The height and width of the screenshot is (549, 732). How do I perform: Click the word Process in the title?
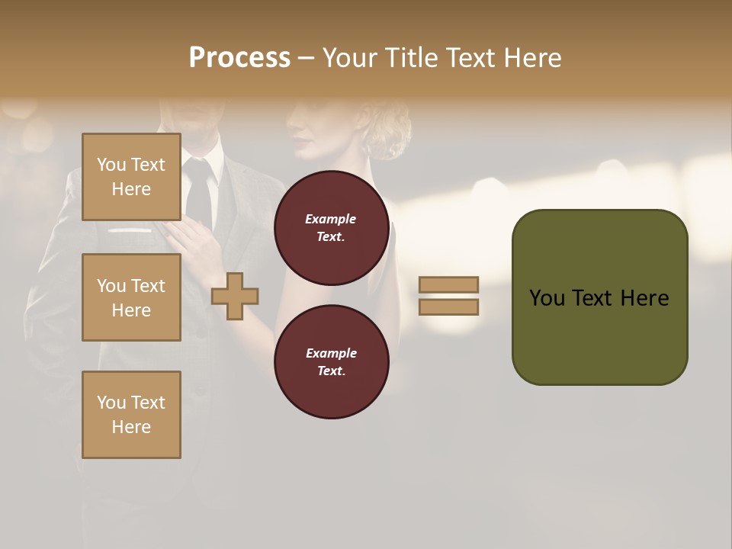(239, 58)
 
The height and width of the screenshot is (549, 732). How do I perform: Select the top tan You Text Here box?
(131, 177)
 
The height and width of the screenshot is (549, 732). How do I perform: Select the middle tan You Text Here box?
(131, 297)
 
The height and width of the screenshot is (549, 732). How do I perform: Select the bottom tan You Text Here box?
(131, 415)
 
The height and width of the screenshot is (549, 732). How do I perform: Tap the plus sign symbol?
(235, 296)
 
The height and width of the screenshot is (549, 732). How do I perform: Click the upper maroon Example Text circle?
(332, 228)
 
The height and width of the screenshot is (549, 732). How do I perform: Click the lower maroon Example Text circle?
(332, 362)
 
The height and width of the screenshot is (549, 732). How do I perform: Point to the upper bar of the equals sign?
(448, 285)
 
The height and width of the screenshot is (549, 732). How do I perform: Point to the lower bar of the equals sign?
(448, 307)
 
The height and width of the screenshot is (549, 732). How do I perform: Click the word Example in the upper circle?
(331, 219)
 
